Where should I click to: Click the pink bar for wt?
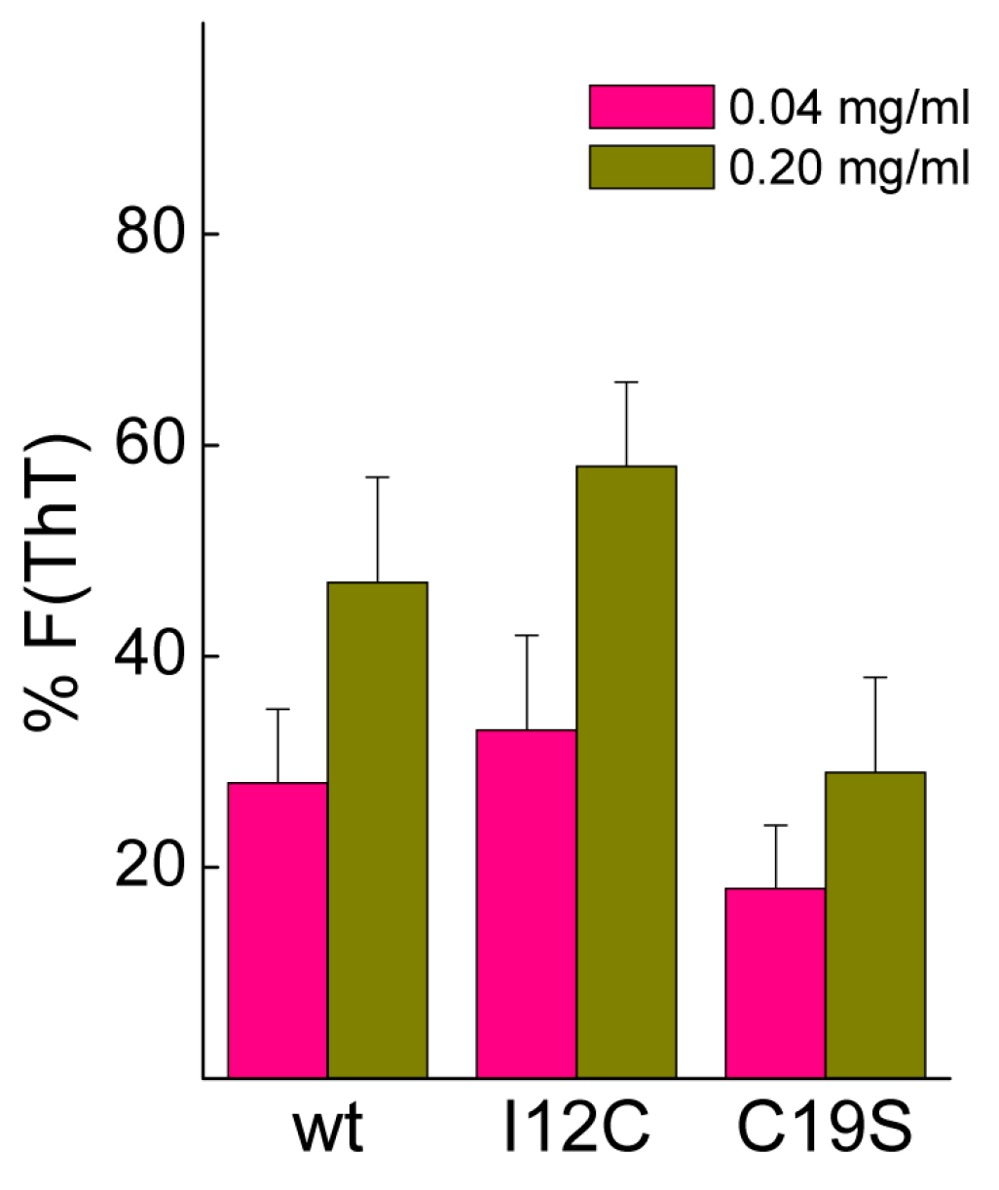(x=277, y=930)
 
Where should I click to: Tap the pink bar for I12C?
(x=527, y=904)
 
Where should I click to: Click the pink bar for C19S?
(x=776, y=983)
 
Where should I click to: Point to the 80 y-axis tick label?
(x=151, y=234)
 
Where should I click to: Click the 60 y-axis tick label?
(x=151, y=445)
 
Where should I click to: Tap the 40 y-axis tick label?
(x=151, y=656)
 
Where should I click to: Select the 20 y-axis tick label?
(x=151, y=868)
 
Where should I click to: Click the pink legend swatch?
(x=651, y=107)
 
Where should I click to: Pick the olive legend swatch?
(x=651, y=167)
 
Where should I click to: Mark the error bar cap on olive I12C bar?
(x=626, y=383)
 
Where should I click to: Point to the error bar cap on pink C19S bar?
(x=776, y=825)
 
